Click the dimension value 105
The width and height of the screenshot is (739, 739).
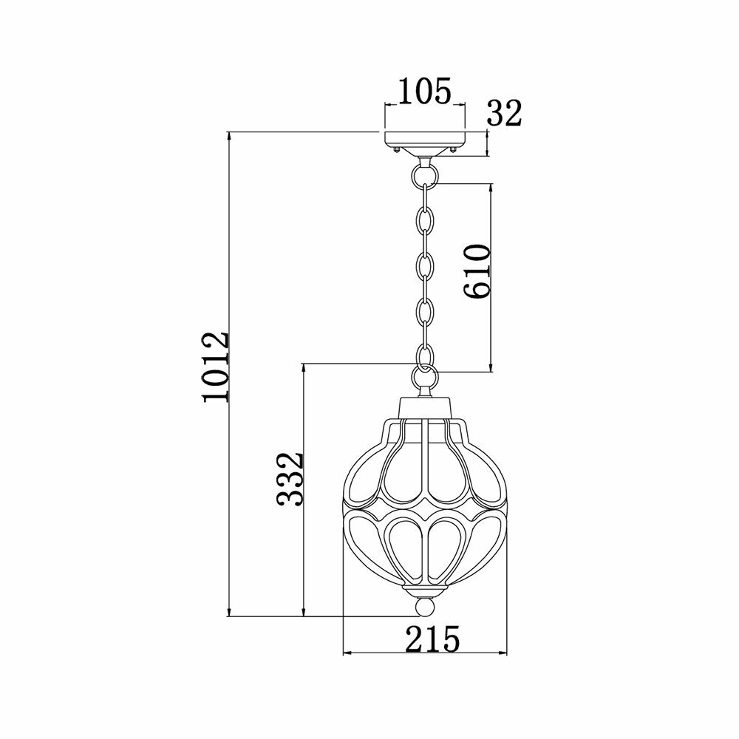click(425, 91)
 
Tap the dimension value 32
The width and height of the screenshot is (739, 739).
click(504, 114)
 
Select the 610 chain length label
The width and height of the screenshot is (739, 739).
click(477, 271)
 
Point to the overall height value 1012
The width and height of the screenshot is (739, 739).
click(215, 367)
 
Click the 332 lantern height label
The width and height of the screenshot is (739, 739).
click(289, 480)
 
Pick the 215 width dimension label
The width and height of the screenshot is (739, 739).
click(432, 639)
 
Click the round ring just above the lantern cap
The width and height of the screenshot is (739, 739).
click(425, 376)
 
